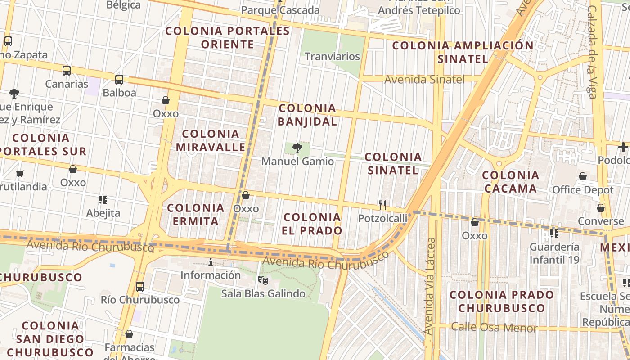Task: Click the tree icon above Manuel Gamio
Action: coord(297,148)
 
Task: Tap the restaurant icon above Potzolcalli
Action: coord(382,205)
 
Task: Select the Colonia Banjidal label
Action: coord(307,115)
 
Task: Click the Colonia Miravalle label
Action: coord(211,140)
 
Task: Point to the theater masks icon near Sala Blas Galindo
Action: coord(263,280)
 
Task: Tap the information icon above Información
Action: coord(210,262)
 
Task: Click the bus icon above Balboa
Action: coord(119,80)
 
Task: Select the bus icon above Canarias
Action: coord(67,71)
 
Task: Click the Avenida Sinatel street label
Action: coord(424,80)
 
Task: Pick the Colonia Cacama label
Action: coord(511,182)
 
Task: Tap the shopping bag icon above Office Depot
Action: coord(583,176)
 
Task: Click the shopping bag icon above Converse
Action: coord(601,208)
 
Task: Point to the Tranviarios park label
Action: coord(333,57)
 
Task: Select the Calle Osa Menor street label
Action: coord(494,328)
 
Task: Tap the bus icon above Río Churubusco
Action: coord(140,287)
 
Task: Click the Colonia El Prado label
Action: coord(313,224)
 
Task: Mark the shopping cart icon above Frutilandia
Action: coord(20,173)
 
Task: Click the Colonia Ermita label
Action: coord(196,215)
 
